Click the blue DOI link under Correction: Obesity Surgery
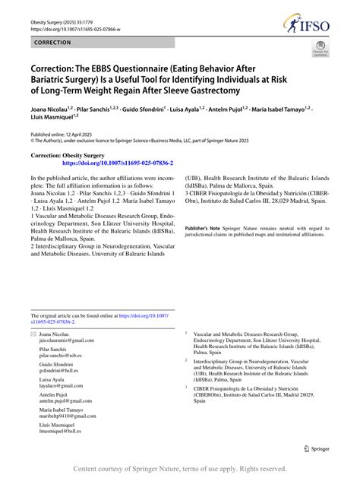click(117, 163)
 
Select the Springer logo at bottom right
click(316, 448)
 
